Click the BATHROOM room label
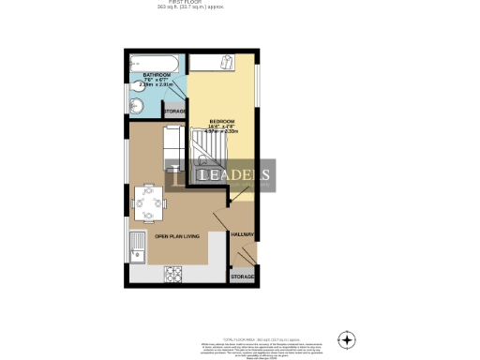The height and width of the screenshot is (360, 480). pyautogui.click(x=156, y=74)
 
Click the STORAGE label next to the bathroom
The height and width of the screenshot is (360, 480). pyautogui.click(x=175, y=112)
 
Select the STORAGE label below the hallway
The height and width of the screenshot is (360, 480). pyautogui.click(x=243, y=277)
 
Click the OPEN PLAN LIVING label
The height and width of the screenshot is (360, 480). pyautogui.click(x=176, y=236)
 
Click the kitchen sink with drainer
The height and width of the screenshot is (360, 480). pyautogui.click(x=138, y=249)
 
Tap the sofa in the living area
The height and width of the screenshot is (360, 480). pyautogui.click(x=172, y=142)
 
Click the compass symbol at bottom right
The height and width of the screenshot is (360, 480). pyautogui.click(x=347, y=338)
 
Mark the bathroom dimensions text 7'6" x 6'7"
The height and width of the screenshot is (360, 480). pyautogui.click(x=156, y=80)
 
